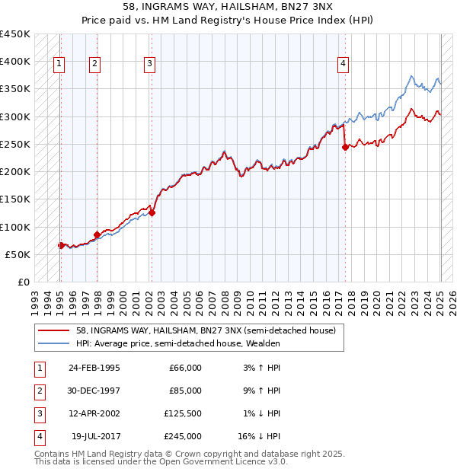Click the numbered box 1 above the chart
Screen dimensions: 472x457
59,65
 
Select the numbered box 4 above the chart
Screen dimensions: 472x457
344,65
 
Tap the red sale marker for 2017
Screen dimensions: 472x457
345,148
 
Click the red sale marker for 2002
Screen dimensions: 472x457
152,213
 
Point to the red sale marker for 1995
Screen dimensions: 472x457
61,245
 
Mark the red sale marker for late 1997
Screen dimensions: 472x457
97,234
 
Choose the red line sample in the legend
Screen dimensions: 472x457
55,330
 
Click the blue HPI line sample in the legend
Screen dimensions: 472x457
55,344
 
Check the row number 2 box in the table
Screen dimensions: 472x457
39,391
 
